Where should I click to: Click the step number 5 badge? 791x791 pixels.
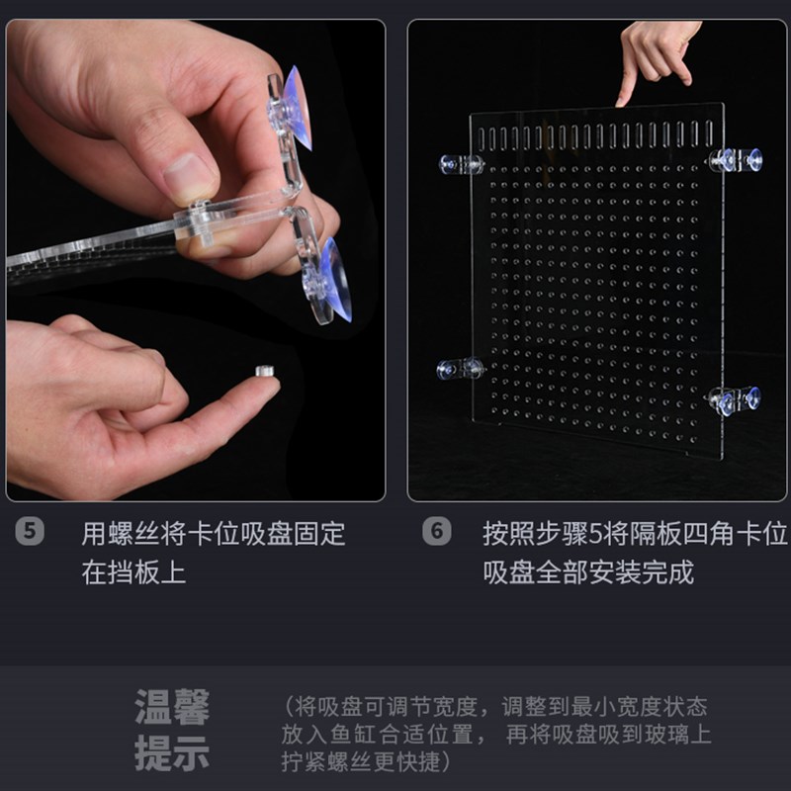tap(31, 531)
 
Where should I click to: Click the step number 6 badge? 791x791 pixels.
tap(436, 531)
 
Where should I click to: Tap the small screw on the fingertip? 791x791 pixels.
tap(264, 371)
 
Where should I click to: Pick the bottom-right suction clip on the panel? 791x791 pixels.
tap(736, 399)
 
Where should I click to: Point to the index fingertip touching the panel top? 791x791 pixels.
tap(625, 98)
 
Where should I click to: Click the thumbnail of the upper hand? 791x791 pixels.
tap(188, 178)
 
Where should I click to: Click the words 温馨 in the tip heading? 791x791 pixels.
tap(172, 708)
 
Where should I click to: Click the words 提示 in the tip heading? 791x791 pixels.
tap(172, 753)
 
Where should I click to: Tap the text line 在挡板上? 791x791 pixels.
tap(133, 572)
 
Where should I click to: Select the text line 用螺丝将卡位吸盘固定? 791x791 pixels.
tap(214, 535)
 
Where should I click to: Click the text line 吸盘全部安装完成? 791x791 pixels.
tap(588, 572)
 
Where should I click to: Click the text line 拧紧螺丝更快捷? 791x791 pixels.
tap(365, 761)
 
